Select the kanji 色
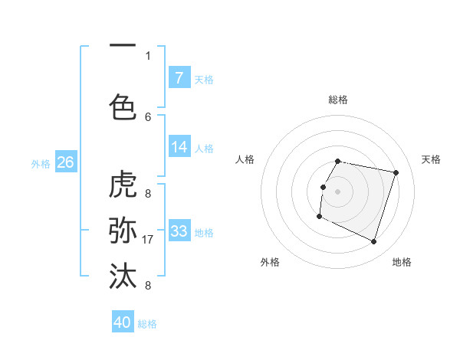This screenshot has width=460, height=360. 123,106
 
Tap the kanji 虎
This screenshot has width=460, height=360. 123,185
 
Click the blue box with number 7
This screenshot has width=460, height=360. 179,78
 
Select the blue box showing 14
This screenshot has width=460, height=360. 179,147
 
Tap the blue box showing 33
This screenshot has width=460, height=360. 179,231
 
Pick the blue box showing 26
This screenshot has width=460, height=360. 65,162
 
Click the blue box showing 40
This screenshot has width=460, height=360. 123,322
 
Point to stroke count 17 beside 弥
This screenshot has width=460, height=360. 149,239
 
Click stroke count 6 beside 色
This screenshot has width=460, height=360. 148,116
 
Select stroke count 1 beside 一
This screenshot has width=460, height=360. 148,55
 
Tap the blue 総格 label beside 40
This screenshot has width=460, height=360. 148,324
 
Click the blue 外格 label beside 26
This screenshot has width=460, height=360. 41,163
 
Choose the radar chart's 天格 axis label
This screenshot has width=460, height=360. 431,159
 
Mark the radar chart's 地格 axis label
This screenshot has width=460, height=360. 402,262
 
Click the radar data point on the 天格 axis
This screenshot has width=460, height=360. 396,173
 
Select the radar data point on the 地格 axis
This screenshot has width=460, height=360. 373,242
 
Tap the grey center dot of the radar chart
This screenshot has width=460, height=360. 337,191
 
